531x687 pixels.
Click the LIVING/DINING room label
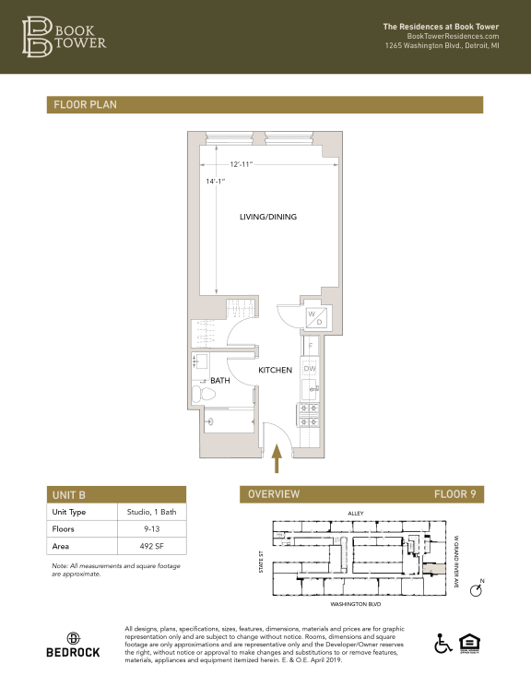[267, 217]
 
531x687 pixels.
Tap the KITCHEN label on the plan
[275, 370]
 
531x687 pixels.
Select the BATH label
[219, 380]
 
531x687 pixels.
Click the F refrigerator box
[311, 346]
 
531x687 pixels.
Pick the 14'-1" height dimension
[216, 182]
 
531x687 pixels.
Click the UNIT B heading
[69, 494]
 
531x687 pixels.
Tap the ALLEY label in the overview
[356, 513]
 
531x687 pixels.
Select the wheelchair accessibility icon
[441, 642]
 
